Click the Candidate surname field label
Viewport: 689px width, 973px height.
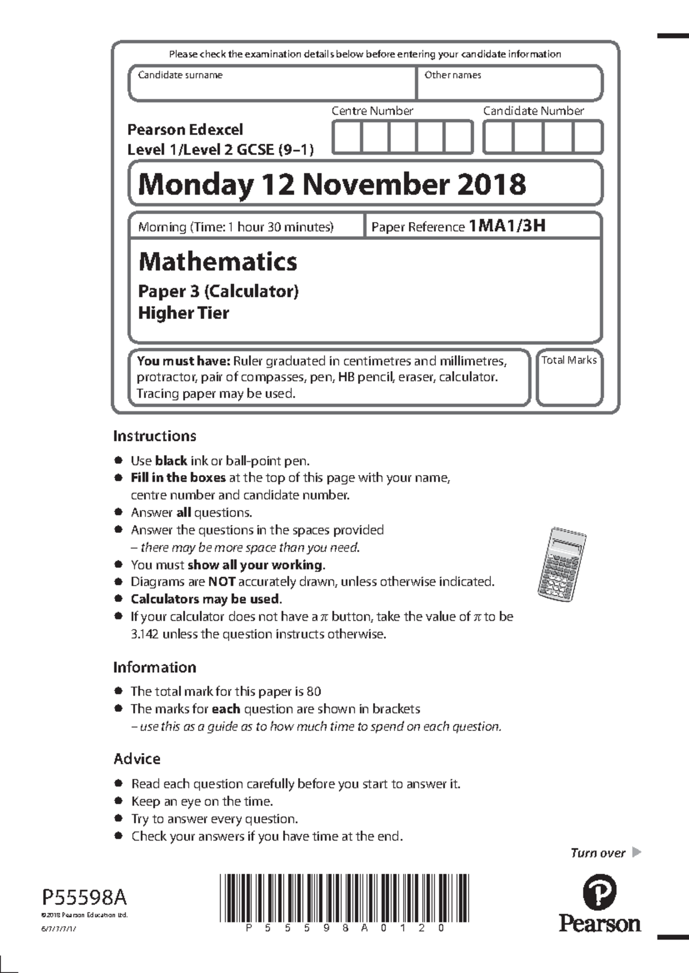180,75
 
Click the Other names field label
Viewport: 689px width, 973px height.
452,75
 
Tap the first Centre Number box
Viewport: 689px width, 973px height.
347,138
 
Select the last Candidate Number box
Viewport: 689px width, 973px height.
587,138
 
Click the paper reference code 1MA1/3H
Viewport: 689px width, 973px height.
507,226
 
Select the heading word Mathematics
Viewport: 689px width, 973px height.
218,262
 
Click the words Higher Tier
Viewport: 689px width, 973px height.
184,313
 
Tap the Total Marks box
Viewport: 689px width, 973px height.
569,382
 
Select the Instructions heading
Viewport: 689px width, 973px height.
154,436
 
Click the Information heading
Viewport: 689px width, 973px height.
154,667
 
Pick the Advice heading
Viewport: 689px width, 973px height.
137,759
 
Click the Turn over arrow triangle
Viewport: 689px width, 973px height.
636,853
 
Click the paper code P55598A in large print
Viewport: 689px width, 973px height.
84,897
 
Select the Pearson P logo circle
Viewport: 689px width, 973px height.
599,893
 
